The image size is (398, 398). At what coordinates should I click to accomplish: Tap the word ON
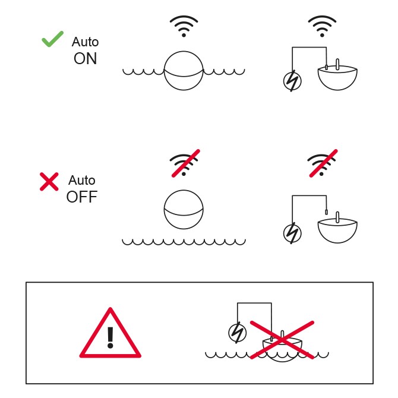(x=86, y=59)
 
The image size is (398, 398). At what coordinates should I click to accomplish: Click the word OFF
(x=82, y=197)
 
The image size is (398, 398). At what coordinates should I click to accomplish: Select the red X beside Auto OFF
(x=49, y=182)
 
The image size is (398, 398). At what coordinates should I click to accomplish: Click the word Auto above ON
(x=85, y=42)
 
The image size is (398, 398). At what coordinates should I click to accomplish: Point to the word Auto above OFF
(x=82, y=180)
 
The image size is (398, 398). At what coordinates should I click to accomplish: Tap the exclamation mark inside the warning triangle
(x=110, y=337)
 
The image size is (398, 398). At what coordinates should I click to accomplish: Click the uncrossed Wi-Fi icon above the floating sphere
(x=184, y=26)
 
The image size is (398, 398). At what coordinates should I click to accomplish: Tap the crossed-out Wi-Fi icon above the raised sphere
(x=185, y=164)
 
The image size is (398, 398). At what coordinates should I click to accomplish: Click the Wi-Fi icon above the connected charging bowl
(x=322, y=26)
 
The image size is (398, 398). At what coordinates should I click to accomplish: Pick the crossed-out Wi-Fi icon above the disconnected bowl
(x=323, y=164)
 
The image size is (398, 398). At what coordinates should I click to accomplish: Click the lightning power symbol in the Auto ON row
(x=292, y=81)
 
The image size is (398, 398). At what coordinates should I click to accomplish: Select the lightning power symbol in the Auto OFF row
(x=292, y=233)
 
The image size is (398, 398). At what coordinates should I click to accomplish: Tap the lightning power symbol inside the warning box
(x=238, y=333)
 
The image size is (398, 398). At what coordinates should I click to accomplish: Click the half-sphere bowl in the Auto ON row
(x=337, y=77)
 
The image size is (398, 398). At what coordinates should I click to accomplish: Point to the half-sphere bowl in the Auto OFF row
(x=337, y=230)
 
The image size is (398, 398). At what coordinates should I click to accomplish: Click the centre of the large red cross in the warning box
(x=282, y=340)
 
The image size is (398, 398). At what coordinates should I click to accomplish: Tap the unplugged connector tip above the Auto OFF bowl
(x=327, y=212)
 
